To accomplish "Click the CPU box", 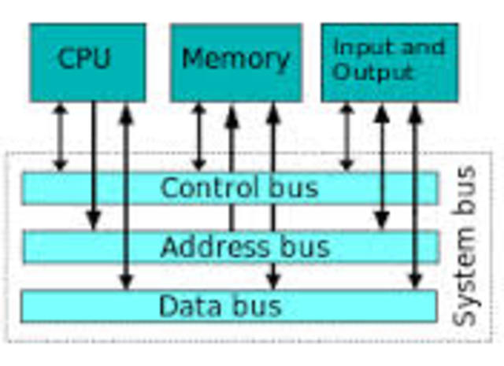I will coord(87,62).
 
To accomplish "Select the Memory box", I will coord(235,62).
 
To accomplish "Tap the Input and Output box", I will coord(389,62).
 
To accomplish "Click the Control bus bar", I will coord(228,188).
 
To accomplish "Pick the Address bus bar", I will coord(228,246).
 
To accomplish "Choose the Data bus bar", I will coord(228,305).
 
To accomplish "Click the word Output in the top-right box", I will coord(372,72).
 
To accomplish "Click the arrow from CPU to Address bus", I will coord(94,165).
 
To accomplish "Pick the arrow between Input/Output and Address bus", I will coord(382,165).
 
